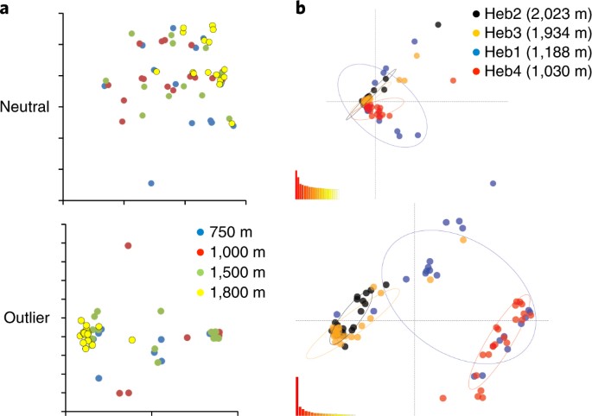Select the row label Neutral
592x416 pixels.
pos(24,107)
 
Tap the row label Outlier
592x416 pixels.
pos(24,317)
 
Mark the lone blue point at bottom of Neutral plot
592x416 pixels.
pos(151,183)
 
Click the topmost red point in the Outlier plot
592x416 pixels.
pos(128,246)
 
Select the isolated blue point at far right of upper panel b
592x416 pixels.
pos(493,184)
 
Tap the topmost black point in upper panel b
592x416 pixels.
pos(438,25)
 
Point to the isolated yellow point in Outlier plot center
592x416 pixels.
pos(132,340)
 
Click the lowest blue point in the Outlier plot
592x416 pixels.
pos(99,378)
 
